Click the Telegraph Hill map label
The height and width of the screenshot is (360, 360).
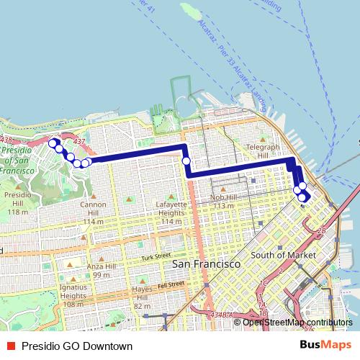pyautogui.click(x=263, y=150)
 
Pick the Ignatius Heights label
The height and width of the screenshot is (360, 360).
pyautogui.click(x=74, y=295)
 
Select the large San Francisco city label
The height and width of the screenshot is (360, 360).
pyautogui.click(x=206, y=265)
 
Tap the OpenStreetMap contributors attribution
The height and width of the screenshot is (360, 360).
pyautogui.click(x=297, y=322)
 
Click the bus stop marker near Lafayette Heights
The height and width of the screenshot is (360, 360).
pyautogui.click(x=186, y=161)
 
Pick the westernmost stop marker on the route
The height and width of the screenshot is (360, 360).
pyautogui.click(x=52, y=143)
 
